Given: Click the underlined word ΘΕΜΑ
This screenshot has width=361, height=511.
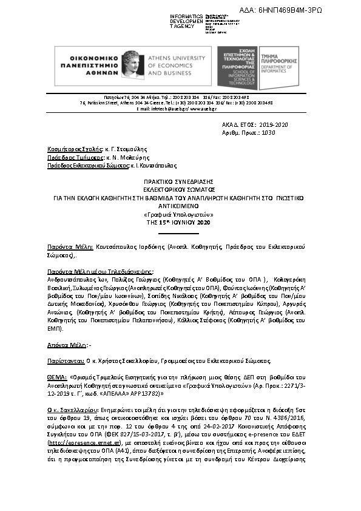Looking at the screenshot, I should pyautogui.click(x=57, y=376).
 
